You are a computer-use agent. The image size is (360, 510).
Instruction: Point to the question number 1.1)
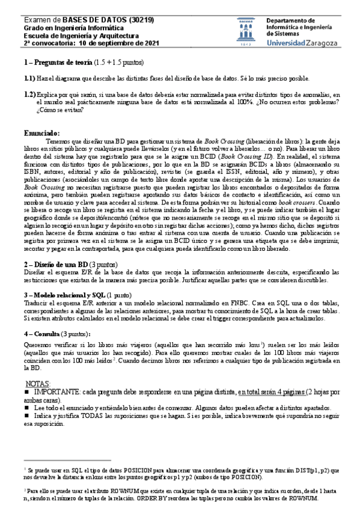click(29, 79)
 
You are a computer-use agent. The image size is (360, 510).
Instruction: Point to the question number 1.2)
click(29, 94)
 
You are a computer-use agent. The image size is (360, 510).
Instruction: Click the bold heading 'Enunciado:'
click(41, 133)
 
